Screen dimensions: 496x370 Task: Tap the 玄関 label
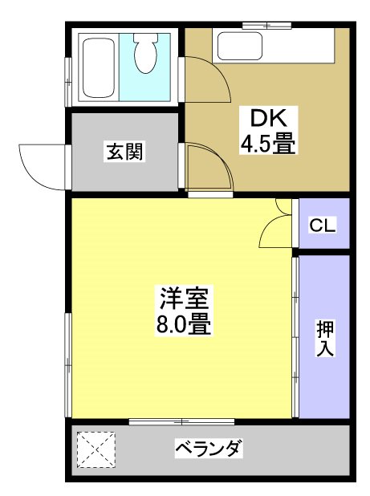click(x=124, y=152)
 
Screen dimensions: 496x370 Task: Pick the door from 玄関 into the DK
click(x=207, y=166)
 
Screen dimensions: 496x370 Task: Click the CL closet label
click(x=324, y=225)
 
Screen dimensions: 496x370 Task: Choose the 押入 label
click(x=324, y=337)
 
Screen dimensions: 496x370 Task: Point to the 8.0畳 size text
click(x=183, y=325)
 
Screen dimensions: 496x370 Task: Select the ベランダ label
click(x=208, y=448)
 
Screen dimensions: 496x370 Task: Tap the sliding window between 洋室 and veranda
click(x=181, y=421)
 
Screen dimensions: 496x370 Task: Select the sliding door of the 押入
click(x=295, y=337)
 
